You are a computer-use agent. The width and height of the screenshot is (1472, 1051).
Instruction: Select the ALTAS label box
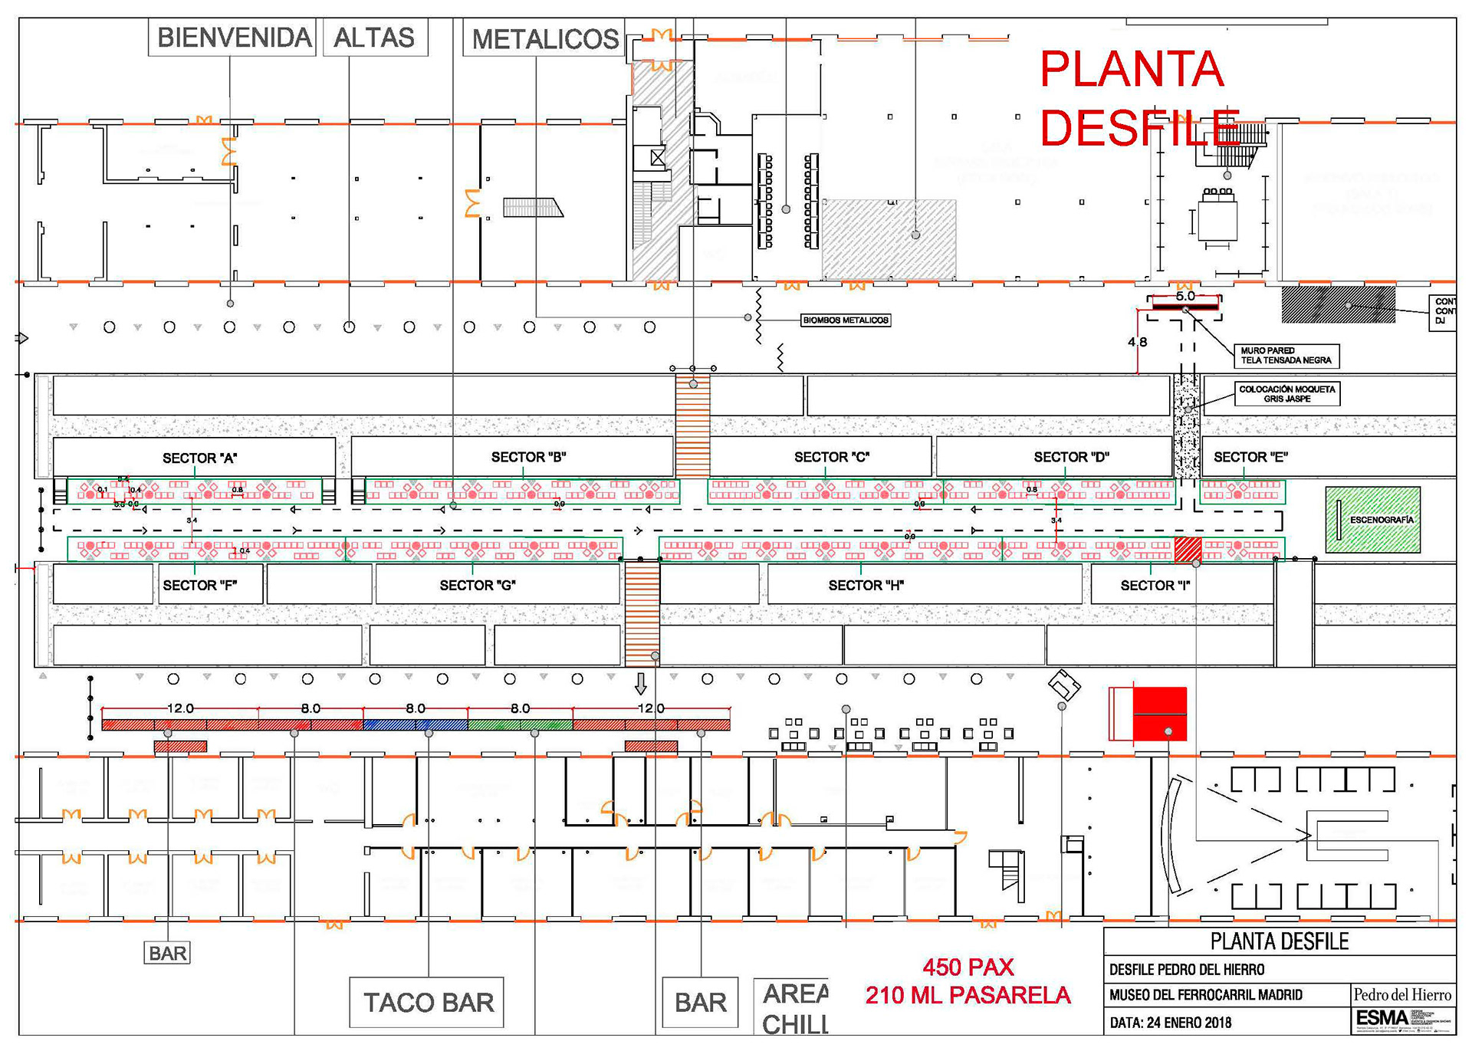(x=374, y=38)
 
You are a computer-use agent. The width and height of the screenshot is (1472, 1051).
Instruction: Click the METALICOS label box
(x=544, y=39)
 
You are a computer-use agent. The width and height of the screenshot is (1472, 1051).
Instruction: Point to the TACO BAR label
(x=427, y=1002)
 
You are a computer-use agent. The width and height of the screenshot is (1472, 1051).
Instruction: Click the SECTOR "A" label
(x=199, y=458)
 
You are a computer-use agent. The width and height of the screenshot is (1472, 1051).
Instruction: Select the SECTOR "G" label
(x=477, y=586)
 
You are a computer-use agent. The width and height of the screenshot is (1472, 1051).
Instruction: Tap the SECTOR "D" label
(x=1071, y=458)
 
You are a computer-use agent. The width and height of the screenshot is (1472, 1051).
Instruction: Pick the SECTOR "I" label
(x=1155, y=586)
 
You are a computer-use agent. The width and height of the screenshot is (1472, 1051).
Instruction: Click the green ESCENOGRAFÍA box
(x=1372, y=520)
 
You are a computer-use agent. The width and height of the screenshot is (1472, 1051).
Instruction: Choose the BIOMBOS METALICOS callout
(x=846, y=320)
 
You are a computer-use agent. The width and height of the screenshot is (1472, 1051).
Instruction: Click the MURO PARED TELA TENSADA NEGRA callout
(x=1286, y=356)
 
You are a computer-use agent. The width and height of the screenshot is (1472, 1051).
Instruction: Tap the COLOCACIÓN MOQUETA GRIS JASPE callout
(x=1286, y=394)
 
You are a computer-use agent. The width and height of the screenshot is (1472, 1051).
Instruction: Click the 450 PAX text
(x=968, y=967)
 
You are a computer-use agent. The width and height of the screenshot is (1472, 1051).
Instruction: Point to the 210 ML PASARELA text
(x=968, y=995)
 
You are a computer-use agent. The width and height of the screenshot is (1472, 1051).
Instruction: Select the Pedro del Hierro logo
(x=1401, y=995)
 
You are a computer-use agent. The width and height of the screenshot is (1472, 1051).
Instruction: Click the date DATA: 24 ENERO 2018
(x=1170, y=1023)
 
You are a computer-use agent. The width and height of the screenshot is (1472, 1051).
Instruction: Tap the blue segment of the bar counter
(x=415, y=724)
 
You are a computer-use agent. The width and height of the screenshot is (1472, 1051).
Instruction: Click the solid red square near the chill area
(x=1159, y=714)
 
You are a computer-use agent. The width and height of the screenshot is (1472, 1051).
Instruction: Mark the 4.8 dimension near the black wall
(x=1137, y=342)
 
